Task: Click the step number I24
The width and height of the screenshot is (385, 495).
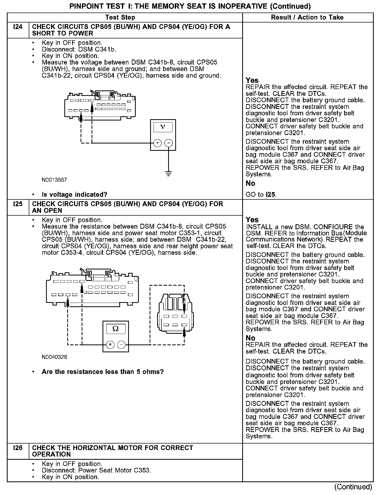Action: (18, 27)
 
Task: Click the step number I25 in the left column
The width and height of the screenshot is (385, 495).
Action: (18, 204)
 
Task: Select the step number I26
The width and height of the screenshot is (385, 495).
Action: (18, 448)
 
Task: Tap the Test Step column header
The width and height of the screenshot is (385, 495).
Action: (120, 18)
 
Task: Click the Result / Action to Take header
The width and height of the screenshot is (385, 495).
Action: (307, 18)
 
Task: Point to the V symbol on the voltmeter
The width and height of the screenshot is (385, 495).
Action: (163, 127)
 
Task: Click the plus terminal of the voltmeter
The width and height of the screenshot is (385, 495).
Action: (157, 143)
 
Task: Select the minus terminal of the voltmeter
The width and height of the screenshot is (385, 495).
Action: (169, 143)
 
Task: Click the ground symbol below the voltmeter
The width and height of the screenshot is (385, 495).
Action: (169, 173)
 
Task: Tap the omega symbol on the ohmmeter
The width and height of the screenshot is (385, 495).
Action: (115, 329)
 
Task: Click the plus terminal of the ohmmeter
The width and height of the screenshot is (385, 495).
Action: (110, 344)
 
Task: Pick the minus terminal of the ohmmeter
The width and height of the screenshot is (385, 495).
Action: (121, 344)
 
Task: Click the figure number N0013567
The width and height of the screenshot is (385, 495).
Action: (54, 180)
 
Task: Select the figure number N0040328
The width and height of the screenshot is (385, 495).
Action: (54, 357)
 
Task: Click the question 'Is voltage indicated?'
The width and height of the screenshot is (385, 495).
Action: (75, 194)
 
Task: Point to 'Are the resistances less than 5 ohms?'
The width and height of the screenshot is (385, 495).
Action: (103, 372)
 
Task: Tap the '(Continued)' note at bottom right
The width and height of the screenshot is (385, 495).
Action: (353, 487)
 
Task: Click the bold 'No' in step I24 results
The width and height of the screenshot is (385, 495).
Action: (250, 183)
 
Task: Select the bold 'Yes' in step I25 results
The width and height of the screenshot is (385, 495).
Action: (252, 220)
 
